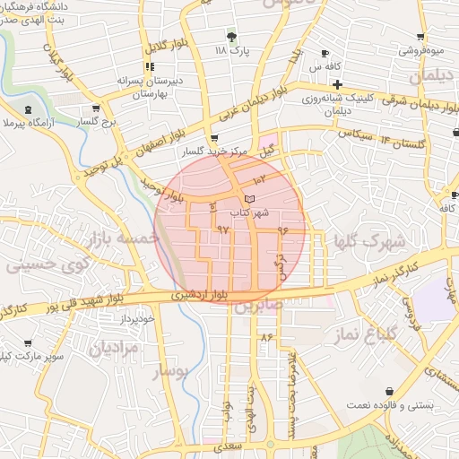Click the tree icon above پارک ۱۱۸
(x=232, y=37)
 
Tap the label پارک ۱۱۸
(x=232, y=52)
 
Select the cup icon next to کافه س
(x=325, y=53)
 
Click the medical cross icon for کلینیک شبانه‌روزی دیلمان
(x=336, y=83)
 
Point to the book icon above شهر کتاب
(x=248, y=197)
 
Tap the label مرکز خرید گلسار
(x=212, y=152)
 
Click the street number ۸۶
(x=266, y=337)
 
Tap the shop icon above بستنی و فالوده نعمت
(x=389, y=391)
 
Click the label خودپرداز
(x=138, y=318)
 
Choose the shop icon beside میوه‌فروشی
(x=420, y=37)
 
